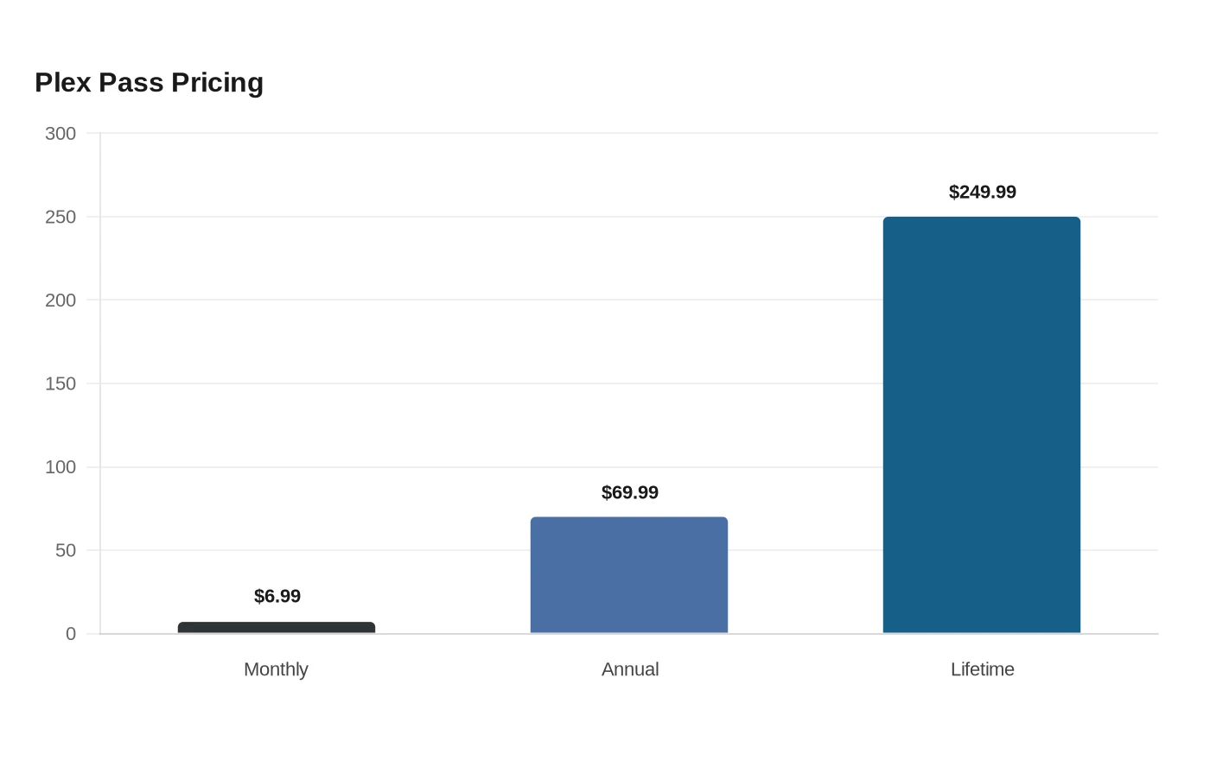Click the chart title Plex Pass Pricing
[149, 83]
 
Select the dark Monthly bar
[277, 627]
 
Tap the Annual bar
[629, 575]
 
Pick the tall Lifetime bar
[982, 425]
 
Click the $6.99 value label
[277, 596]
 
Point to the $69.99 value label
[630, 492]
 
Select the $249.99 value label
[983, 192]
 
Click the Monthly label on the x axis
[276, 669]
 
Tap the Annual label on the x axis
[630, 669]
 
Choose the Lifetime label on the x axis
[983, 669]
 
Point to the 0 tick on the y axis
[71, 634]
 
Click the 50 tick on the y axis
[66, 551]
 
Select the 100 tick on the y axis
[60, 467]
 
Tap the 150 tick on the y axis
[60, 383]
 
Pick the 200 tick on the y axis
[60, 301]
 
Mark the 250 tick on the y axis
[60, 217]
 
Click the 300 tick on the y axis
[60, 133]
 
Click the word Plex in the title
[62, 83]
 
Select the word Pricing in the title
[217, 84]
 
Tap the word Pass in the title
[131, 83]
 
